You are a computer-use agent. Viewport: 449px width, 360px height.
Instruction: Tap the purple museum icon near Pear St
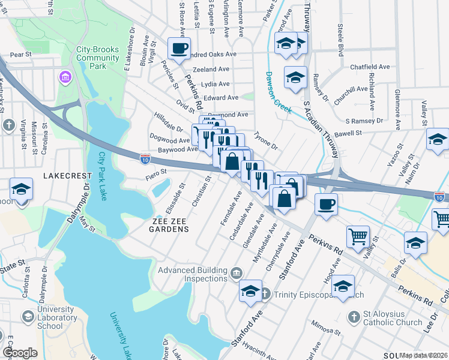click(65, 77)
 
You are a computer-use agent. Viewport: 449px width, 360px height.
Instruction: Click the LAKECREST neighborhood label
click(67, 176)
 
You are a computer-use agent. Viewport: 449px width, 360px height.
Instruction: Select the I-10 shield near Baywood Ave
click(145, 159)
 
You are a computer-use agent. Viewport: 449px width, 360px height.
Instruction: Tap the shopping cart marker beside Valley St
click(358, 235)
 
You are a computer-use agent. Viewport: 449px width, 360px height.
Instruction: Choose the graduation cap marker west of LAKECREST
click(21, 188)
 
